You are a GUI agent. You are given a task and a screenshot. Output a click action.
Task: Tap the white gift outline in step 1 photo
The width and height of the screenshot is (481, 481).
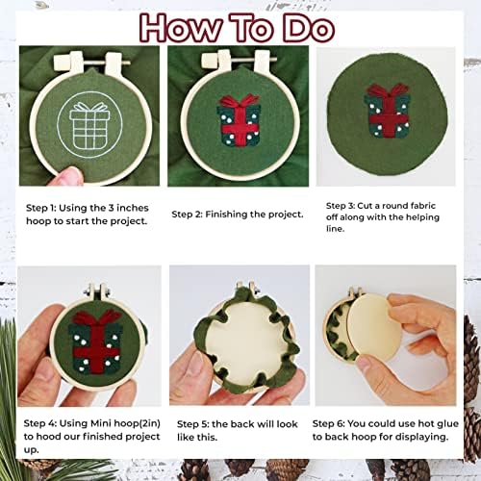pos(89,126)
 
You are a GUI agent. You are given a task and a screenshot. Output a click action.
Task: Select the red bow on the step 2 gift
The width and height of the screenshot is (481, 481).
pos(240,100)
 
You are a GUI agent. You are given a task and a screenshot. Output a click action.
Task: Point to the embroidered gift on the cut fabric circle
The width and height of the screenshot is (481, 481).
pos(388,111)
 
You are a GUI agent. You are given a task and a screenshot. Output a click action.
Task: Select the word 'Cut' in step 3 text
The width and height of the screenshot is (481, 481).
pos(365,206)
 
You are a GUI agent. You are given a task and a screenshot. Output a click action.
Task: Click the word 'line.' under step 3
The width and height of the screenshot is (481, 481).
pos(336,229)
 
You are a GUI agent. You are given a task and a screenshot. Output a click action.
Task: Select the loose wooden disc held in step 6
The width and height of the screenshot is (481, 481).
pos(374,330)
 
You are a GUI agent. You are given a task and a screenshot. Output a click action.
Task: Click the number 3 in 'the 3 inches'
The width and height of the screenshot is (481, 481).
pos(111,208)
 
